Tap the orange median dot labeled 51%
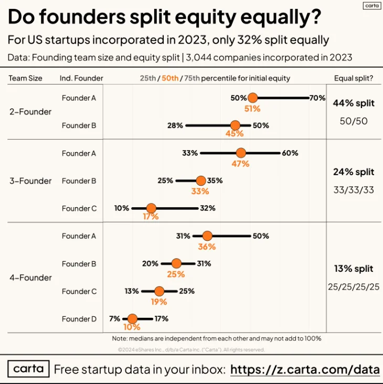pyautogui.click(x=252, y=98)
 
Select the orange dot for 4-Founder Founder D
pyautogui.click(x=132, y=318)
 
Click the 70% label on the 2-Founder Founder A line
pyautogui.click(x=317, y=98)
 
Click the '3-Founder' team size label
pyautogui.click(x=30, y=181)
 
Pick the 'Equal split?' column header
pyautogui.click(x=353, y=78)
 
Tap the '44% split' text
pyautogui.click(x=354, y=103)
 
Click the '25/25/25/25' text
pyautogui.click(x=353, y=287)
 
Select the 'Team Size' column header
pyautogui.click(x=25, y=78)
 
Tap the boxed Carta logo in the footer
pyautogui.click(x=28, y=369)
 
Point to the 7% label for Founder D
pyautogui.click(x=114, y=318)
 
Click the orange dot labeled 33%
pyautogui.click(x=200, y=180)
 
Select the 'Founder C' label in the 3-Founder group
pyautogui.click(x=79, y=208)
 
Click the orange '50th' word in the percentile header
pyautogui.click(x=169, y=78)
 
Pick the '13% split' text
pyautogui.click(x=354, y=269)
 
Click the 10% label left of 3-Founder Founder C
pyautogui.click(x=122, y=208)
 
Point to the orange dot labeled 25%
pyautogui.click(x=176, y=263)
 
